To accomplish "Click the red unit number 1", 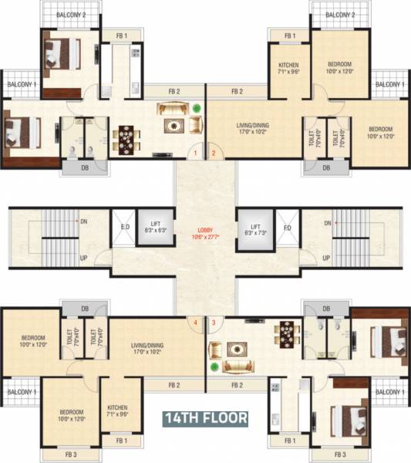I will coord(196,154).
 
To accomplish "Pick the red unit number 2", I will coord(214,154).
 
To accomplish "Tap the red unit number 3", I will coord(214,322).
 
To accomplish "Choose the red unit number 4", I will coord(196,322).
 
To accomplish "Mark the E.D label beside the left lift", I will coord(124,227).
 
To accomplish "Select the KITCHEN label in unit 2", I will coord(289,67).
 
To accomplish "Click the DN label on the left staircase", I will coord(83,221).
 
